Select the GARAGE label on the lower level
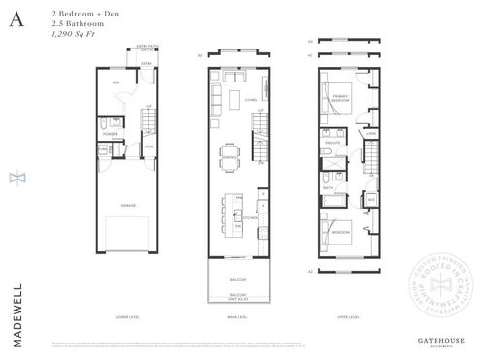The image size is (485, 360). click(x=127, y=205)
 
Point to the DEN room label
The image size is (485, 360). click(x=114, y=84)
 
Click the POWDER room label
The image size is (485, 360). click(x=111, y=134)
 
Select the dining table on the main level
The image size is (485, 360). click(x=230, y=158)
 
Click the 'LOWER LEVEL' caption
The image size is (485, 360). click(x=127, y=317)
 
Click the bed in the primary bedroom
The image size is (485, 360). click(x=334, y=115)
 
